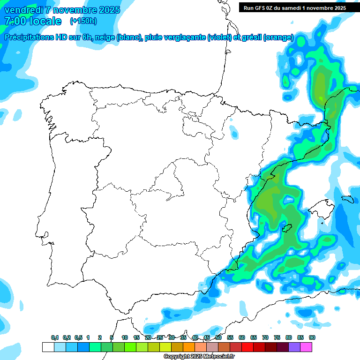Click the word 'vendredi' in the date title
tap(23, 10)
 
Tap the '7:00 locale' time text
tap(33, 21)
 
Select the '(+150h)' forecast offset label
tap(83, 21)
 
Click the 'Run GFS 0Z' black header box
tap(295, 7)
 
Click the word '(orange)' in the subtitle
tap(278, 37)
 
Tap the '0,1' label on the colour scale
tap(55, 337)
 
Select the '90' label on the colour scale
tap(312, 337)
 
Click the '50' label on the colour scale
tap(218, 337)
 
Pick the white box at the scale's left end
tap(48, 347)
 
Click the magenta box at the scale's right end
tap(306, 347)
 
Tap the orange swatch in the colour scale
tap(189, 347)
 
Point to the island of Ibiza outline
tap(286, 228)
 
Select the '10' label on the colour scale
tap(125, 337)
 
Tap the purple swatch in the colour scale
tap(294, 347)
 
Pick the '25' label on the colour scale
tap(160, 337)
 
